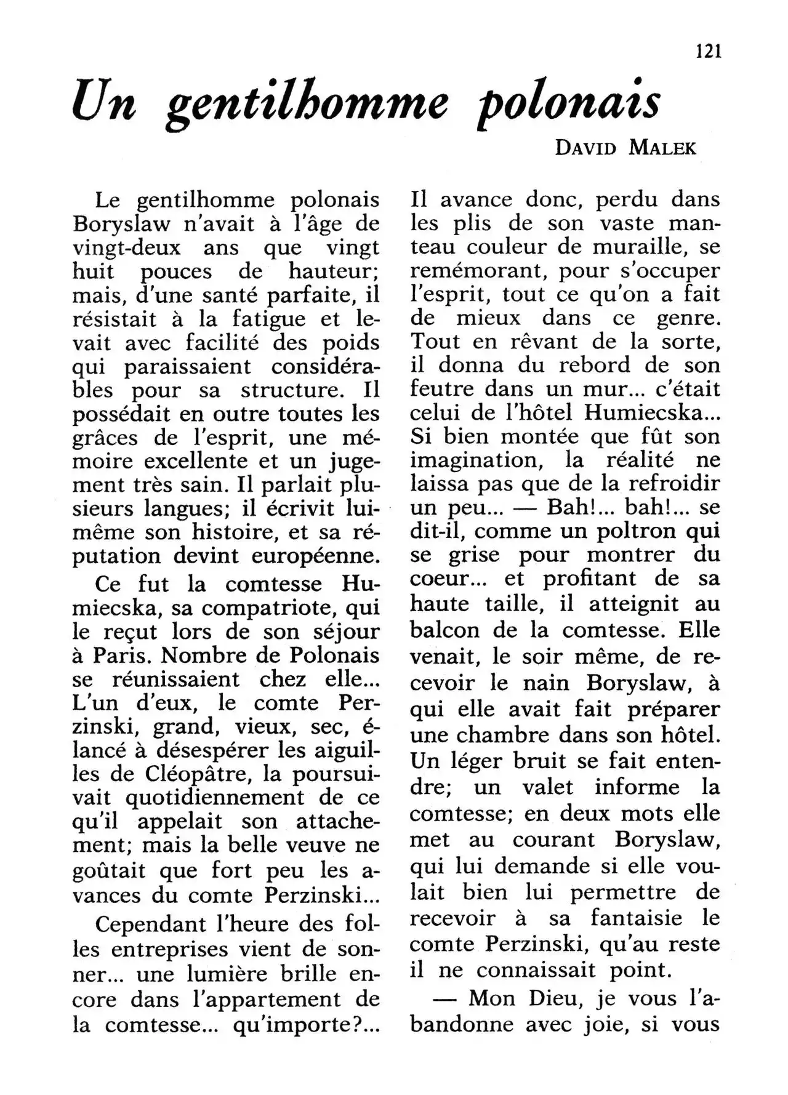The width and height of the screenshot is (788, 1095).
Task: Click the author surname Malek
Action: pos(662,148)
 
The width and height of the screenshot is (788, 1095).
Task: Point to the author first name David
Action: pos(585,148)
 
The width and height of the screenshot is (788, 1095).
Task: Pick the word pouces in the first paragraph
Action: pos(176,271)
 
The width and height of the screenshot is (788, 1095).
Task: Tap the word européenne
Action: pos(316,556)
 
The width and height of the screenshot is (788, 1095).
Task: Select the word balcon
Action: pos(436,632)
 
